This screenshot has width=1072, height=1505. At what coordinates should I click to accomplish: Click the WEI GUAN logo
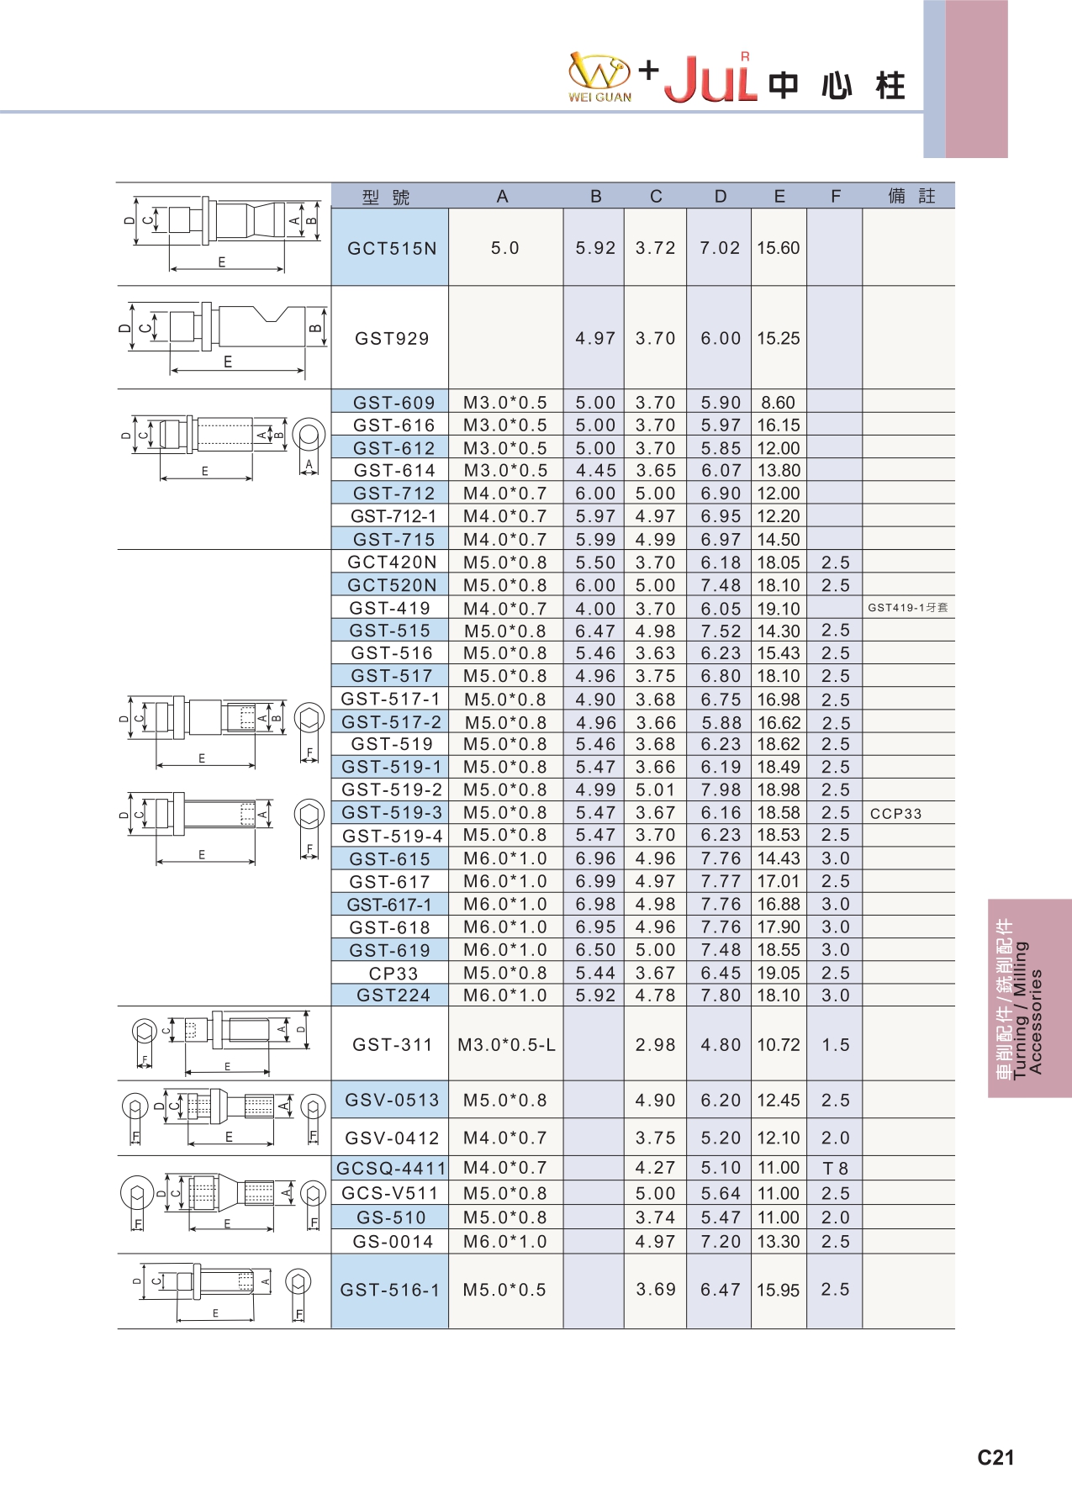point(599,77)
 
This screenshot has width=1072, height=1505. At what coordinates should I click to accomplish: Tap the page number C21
point(995,1457)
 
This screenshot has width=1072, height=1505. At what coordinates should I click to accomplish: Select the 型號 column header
point(386,197)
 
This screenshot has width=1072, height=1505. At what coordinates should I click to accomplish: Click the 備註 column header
point(911,196)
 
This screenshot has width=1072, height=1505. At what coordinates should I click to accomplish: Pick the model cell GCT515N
point(392,248)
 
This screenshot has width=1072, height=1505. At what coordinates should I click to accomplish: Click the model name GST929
point(392,338)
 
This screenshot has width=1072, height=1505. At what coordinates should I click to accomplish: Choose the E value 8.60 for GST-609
point(778,403)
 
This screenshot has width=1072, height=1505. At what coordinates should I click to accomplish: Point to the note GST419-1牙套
point(907,607)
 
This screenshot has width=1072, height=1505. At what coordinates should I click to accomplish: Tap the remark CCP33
point(895,813)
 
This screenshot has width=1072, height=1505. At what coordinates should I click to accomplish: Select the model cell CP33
point(393,973)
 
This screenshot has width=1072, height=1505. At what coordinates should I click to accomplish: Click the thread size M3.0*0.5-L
point(506,1044)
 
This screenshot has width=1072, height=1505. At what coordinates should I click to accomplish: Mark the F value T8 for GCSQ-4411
point(835,1168)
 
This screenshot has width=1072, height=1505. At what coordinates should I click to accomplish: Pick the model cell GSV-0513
point(392,1100)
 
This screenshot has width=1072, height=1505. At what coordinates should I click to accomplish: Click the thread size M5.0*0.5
point(504,1289)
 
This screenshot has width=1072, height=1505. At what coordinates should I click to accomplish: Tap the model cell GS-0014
point(393,1241)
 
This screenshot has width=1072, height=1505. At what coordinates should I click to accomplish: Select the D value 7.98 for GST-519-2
point(721,789)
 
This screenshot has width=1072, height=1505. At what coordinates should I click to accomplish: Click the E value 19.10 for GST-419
point(778,608)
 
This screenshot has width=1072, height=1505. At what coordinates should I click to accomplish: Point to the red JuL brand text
point(710,80)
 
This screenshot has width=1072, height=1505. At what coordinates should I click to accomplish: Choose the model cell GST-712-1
point(393,516)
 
